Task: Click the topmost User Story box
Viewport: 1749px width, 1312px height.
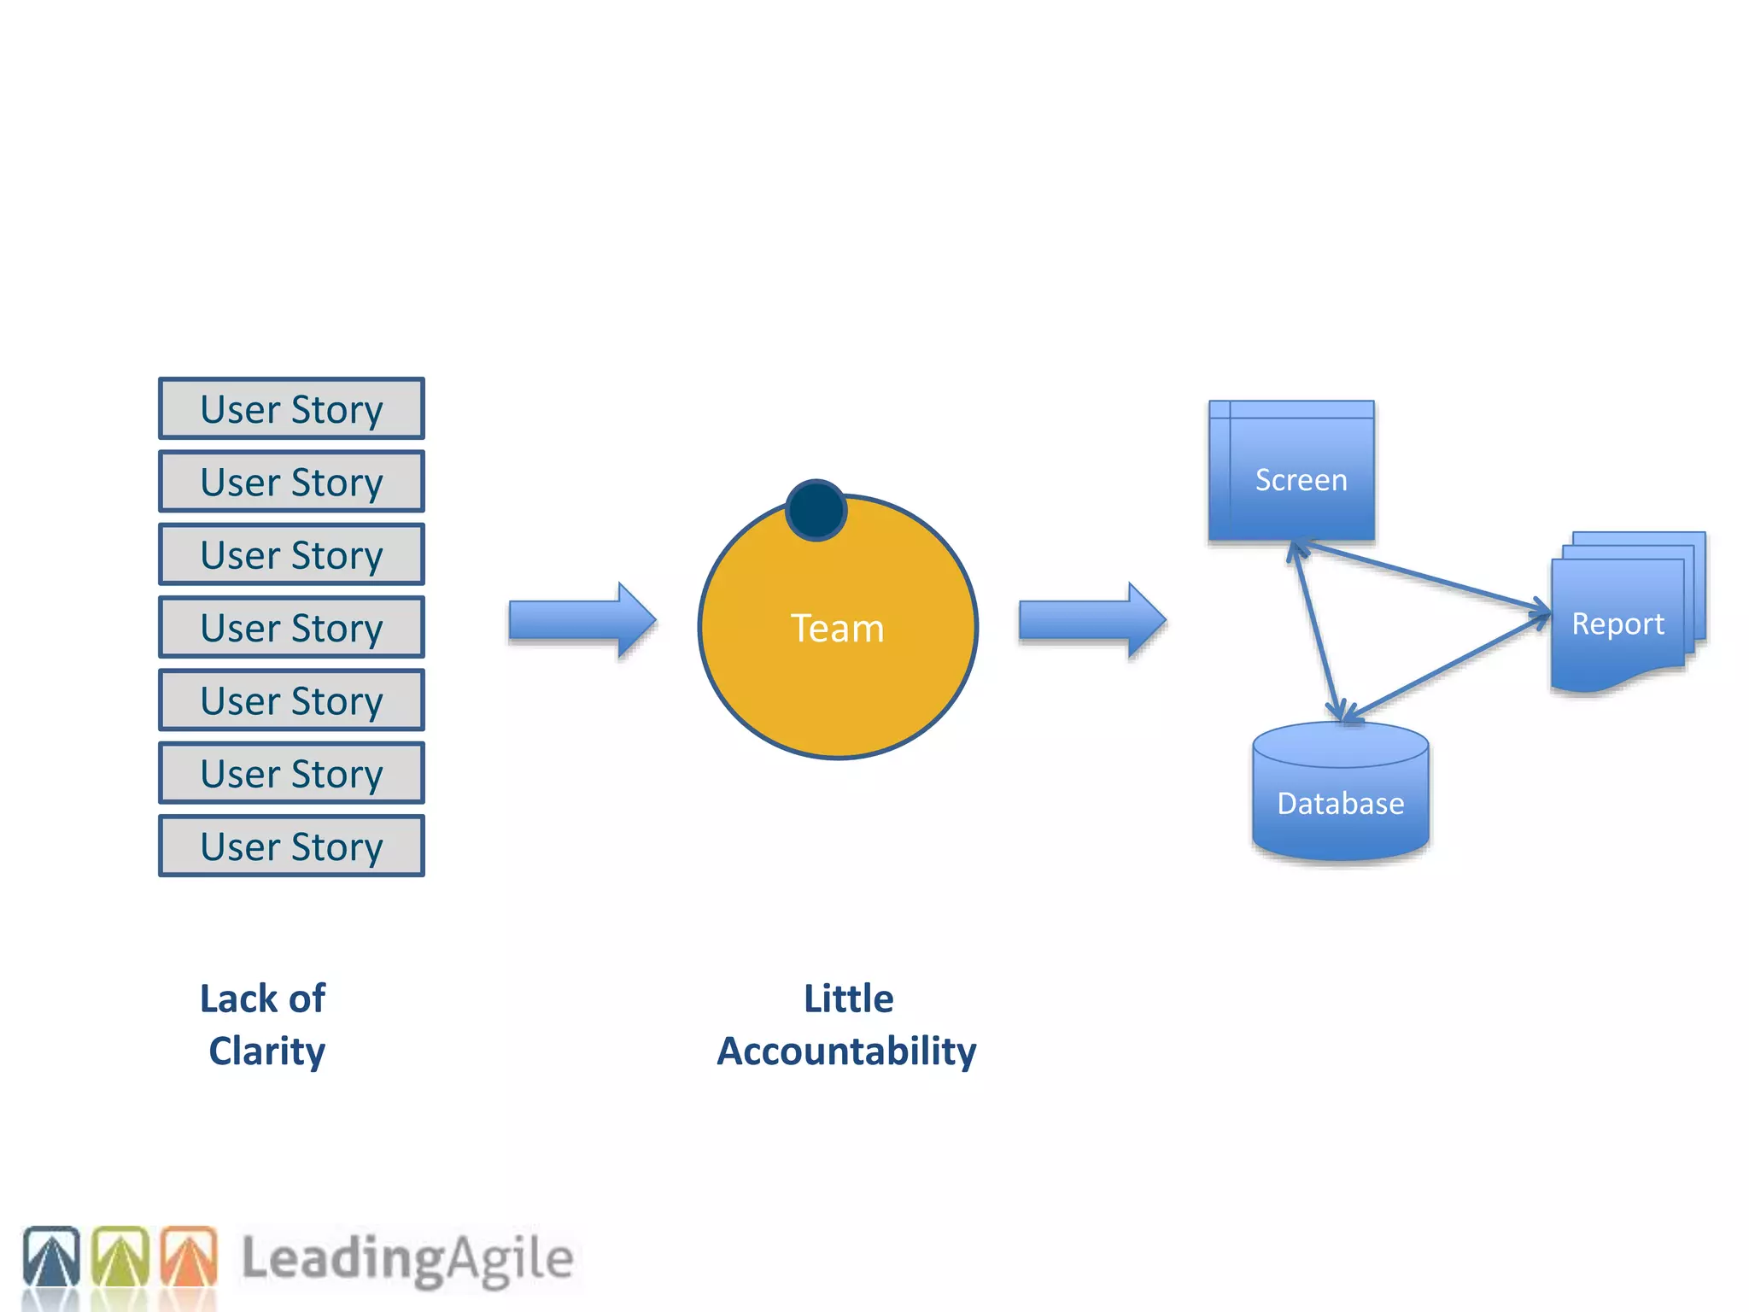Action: click(291, 409)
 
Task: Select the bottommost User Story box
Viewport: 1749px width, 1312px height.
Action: click(291, 846)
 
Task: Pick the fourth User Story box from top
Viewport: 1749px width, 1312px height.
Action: click(291, 628)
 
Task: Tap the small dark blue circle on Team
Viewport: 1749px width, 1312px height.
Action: click(816, 510)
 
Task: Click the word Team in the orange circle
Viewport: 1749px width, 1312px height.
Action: click(837, 629)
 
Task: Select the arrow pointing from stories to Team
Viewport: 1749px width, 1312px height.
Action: click(581, 620)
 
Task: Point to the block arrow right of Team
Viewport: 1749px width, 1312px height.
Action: click(1091, 620)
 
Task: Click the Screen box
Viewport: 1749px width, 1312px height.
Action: click(1291, 471)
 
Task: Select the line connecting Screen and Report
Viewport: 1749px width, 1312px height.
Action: click(1426, 577)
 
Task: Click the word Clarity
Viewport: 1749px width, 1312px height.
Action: click(266, 1051)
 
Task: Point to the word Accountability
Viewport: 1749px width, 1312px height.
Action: click(846, 1051)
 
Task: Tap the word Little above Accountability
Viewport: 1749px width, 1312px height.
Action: click(848, 999)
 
